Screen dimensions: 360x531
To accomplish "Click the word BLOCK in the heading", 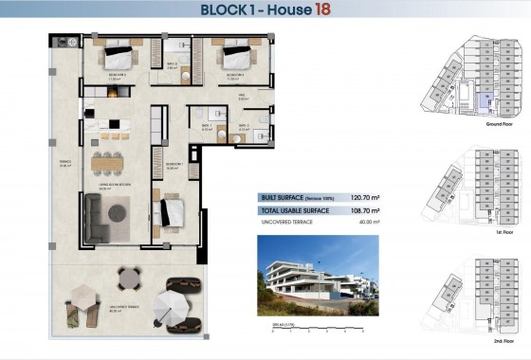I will pyautogui.click(x=229, y=10).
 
